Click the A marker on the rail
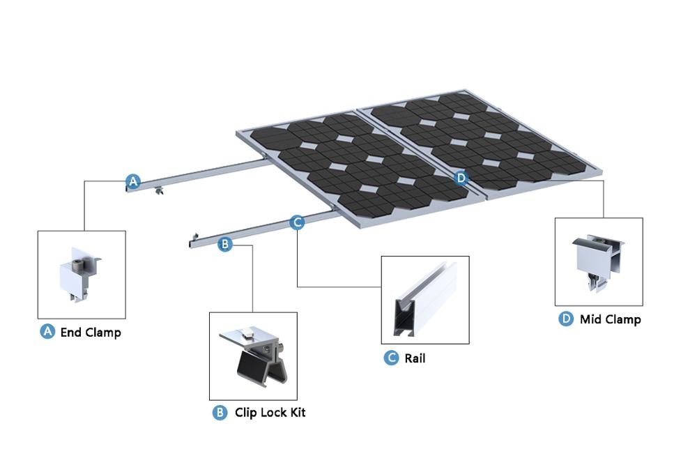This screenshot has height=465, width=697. (x=132, y=182)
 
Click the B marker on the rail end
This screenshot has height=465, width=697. (x=224, y=244)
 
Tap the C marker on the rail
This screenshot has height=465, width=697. (x=297, y=222)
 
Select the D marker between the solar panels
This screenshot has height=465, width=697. (x=461, y=178)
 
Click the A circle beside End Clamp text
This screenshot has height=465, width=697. (x=47, y=332)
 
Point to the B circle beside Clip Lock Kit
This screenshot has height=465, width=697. (x=220, y=413)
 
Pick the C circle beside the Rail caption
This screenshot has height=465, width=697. (x=392, y=358)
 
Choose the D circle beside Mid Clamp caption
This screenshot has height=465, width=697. (x=566, y=319)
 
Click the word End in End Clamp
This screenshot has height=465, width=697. (x=71, y=333)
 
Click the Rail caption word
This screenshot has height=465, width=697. (x=415, y=359)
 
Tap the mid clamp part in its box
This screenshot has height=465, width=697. (x=598, y=261)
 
